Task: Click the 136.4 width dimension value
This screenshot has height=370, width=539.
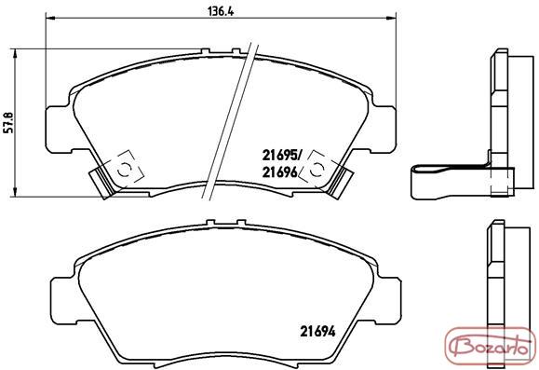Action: tap(221, 11)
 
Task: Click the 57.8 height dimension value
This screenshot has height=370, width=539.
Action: tap(8, 122)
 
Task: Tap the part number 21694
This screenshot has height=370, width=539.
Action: tap(317, 332)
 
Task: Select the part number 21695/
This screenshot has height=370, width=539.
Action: tap(281, 156)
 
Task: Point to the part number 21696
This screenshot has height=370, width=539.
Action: tap(280, 172)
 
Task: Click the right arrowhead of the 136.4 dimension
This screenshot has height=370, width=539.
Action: tap(391, 17)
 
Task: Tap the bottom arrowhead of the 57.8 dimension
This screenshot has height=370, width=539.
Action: tap(15, 192)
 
